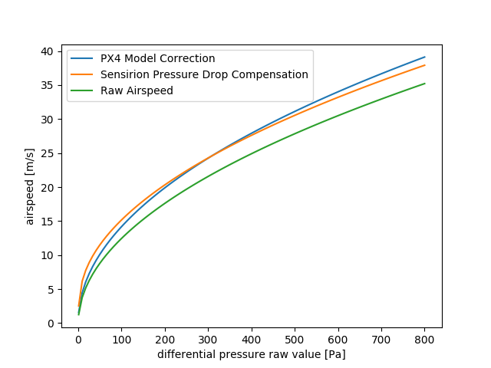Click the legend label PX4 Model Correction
[157, 59]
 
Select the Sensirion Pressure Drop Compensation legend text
[204, 74]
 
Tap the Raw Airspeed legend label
[137, 90]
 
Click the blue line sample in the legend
[84, 59]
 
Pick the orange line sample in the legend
[84, 74]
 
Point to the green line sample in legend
[84, 90]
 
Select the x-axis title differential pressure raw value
[252, 354]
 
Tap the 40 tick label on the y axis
[48, 51]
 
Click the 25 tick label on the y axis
[48, 153]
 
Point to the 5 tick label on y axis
[51, 290]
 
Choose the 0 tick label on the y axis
[51, 324]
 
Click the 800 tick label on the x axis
[424, 339]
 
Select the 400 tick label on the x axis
[252, 339]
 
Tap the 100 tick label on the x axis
[121, 339]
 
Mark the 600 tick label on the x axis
[338, 339]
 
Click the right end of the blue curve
[424, 57]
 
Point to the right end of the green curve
[424, 84]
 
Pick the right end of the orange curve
[424, 65]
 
